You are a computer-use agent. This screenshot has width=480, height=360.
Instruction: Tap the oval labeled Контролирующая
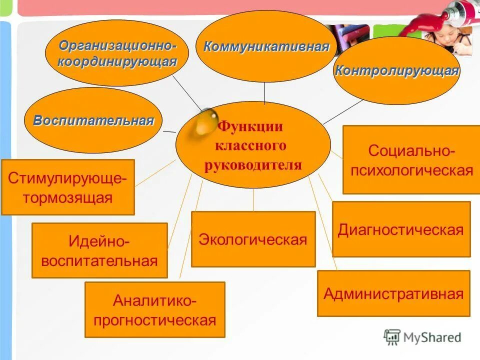(396, 71)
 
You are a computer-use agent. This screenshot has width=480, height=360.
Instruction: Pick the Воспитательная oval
(93, 120)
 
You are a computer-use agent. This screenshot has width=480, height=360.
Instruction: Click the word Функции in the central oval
(250, 126)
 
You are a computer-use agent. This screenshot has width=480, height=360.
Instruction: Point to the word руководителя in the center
(253, 165)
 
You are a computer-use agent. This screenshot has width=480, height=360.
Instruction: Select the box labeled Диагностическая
(401, 229)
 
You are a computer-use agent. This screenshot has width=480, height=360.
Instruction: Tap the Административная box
(393, 293)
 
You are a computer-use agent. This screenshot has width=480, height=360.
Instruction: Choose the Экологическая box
(253, 239)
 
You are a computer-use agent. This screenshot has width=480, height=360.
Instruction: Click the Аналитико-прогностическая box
(155, 310)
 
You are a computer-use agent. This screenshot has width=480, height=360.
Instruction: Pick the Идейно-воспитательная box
(99, 250)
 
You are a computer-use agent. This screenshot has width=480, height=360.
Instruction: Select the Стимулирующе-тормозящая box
(68, 187)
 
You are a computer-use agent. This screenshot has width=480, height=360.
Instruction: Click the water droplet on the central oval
(204, 122)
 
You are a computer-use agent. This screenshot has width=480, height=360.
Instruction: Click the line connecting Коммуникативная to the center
(264, 92)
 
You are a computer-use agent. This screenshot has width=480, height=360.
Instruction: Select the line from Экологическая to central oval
(253, 200)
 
